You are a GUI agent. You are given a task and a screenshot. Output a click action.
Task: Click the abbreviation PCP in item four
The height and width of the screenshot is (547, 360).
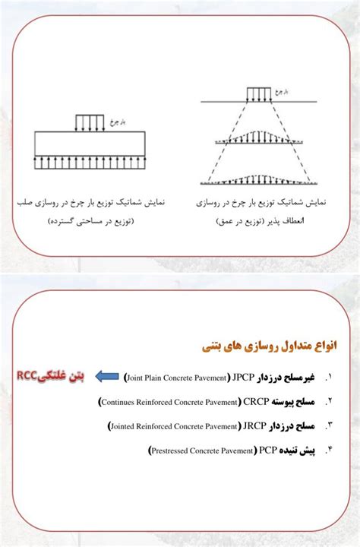click(x=267, y=451)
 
